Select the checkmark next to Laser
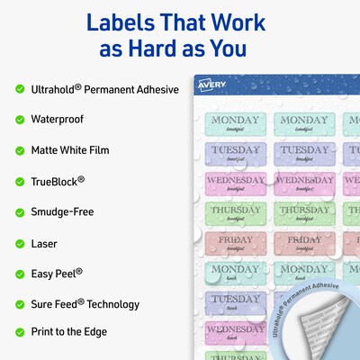(x=20, y=243)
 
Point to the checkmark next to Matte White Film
(x=20, y=149)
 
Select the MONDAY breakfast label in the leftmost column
(x=235, y=124)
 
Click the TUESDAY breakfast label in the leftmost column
(x=235, y=154)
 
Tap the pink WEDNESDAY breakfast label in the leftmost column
(x=235, y=184)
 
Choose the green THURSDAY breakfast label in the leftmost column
(x=235, y=214)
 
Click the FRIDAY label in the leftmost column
(x=235, y=244)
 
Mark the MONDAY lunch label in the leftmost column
(x=235, y=274)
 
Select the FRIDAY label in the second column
(x=304, y=244)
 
